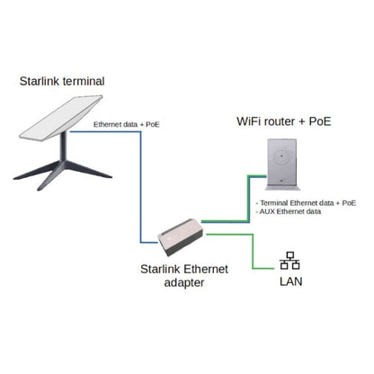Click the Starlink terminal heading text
click(x=62, y=82)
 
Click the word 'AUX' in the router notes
click(x=267, y=213)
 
